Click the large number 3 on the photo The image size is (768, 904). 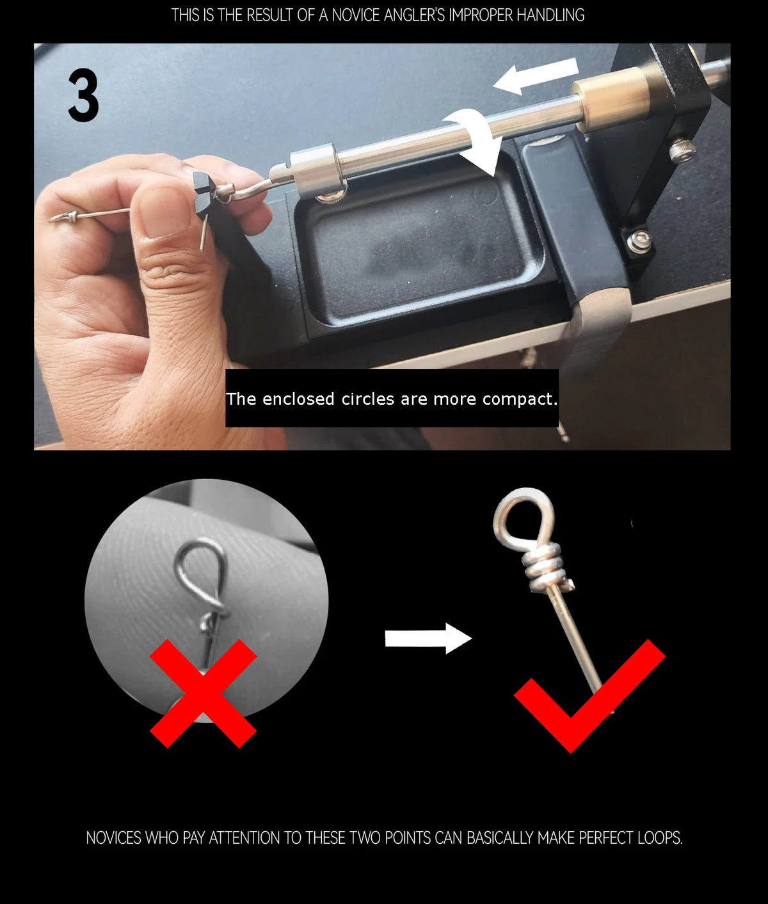tap(83, 95)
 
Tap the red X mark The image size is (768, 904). tap(203, 694)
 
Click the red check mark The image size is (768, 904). tap(589, 696)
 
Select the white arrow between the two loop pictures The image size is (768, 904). tap(428, 638)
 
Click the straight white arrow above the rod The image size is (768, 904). tap(536, 75)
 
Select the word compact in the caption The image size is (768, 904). tap(520, 399)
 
